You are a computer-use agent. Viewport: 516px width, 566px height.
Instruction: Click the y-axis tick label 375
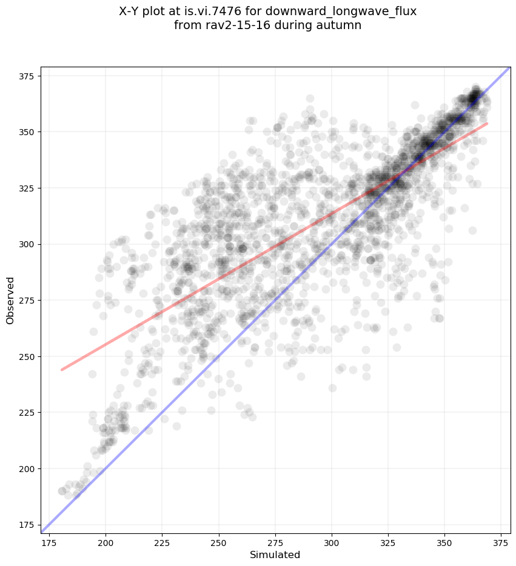coord(28,76)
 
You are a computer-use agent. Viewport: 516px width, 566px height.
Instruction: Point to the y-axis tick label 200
coord(28,469)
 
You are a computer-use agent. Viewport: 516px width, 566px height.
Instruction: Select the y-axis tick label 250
coord(28,357)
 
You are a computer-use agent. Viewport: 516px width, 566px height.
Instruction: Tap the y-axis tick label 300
coord(28,244)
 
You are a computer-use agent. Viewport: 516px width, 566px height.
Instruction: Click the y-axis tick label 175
coord(28,525)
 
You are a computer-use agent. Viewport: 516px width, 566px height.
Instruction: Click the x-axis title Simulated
coord(275,554)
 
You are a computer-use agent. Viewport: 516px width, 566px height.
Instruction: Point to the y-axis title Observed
coord(10,301)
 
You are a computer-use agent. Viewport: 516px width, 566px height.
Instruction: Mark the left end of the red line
coord(62,370)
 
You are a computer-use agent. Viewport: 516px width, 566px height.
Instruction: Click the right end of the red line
coord(487,124)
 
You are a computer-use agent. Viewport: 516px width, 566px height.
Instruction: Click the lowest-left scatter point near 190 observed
coord(62,491)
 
